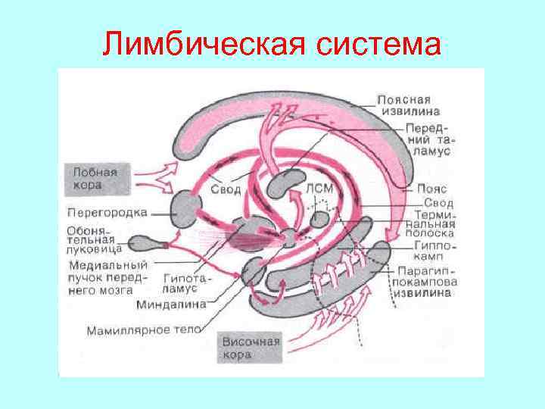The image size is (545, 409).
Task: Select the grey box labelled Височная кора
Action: [x=251, y=349]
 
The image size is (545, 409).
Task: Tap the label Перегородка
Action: [x=107, y=212]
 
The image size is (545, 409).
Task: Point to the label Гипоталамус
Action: [x=188, y=283]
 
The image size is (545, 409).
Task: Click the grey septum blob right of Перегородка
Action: [x=186, y=208]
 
